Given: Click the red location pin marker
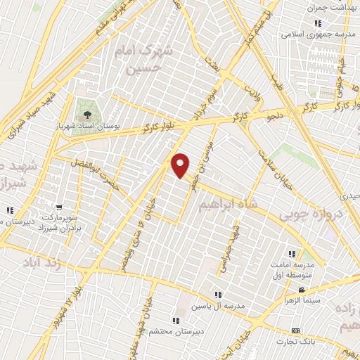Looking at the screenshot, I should tap(181, 165).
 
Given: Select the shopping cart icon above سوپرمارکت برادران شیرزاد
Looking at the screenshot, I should tap(60, 207).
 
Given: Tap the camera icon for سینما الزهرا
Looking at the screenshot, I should tap(301, 290).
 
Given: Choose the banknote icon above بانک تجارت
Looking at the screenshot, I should tap(295, 330).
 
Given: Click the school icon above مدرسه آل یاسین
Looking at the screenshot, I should tap(218, 295).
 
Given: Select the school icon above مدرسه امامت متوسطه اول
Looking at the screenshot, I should tap(290, 254).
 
